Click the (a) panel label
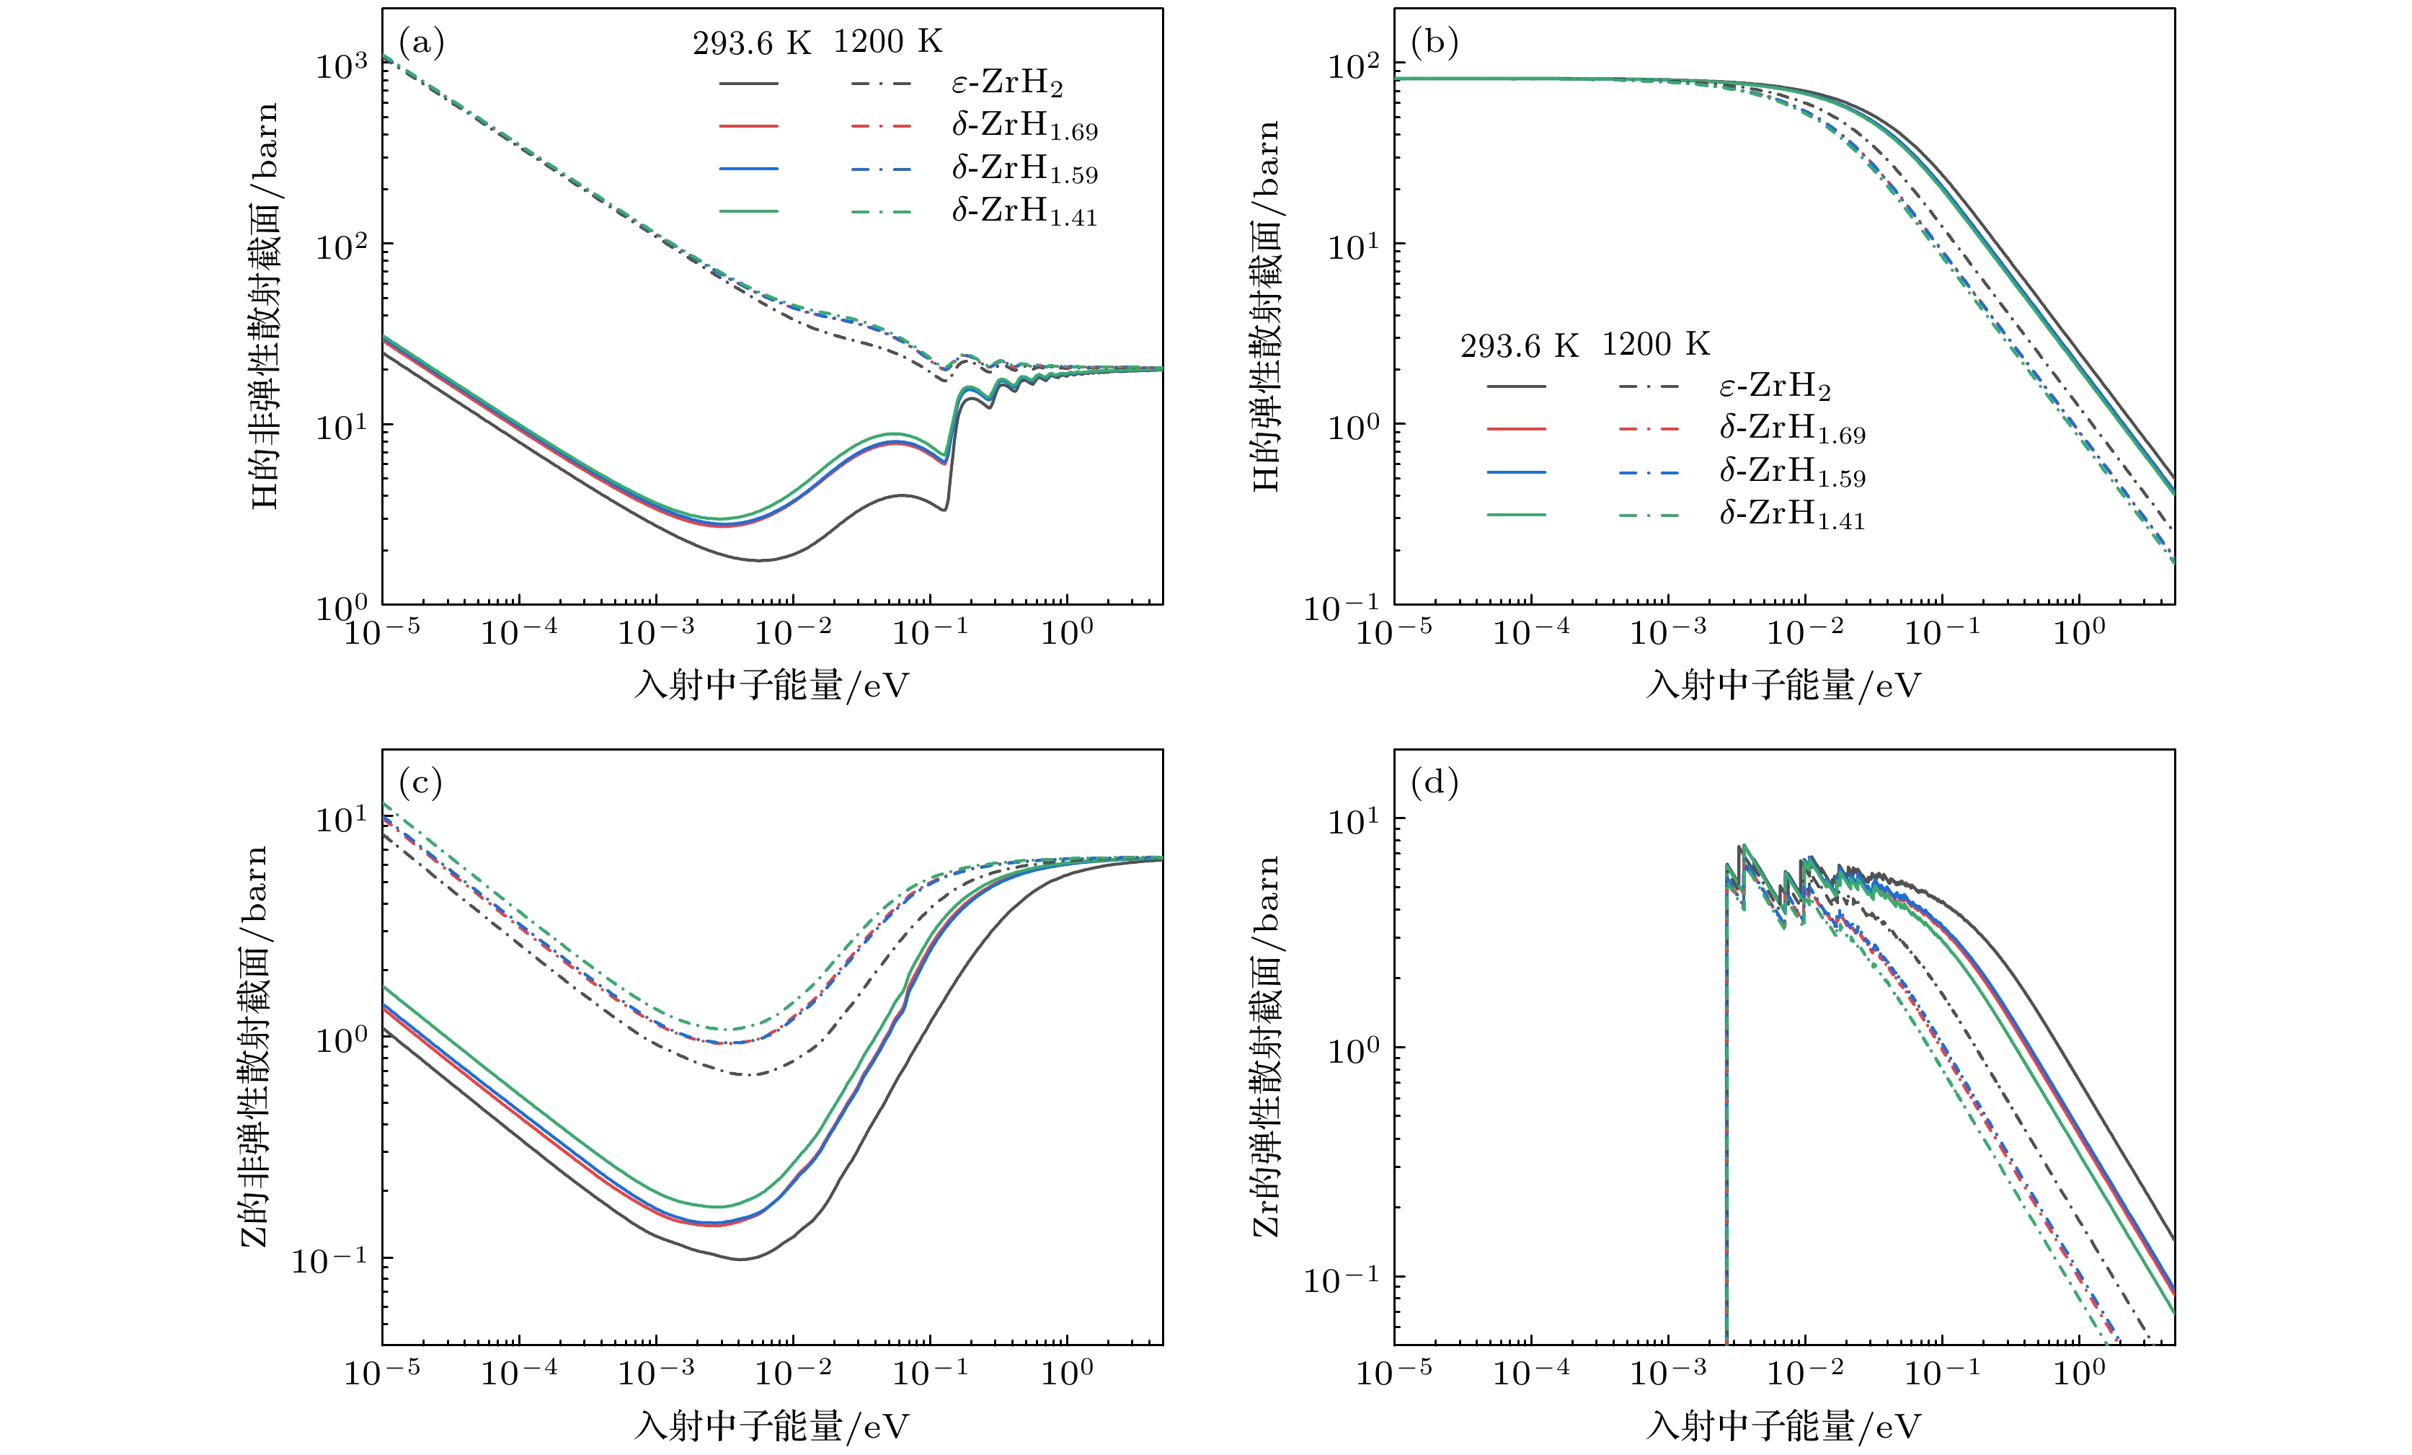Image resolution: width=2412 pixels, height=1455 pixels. coord(421,43)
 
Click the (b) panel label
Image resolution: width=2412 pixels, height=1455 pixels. coord(1434,43)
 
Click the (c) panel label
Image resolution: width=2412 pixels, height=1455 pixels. coord(421,783)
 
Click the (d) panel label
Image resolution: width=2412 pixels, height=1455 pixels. coord(1434,783)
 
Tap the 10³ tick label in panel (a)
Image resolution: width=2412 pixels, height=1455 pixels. coord(342,66)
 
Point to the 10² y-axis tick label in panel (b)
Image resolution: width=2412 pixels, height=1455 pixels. coord(1354,66)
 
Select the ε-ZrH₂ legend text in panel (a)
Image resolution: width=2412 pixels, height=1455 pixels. coord(1007,83)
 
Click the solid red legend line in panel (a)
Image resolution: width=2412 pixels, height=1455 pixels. coord(749,126)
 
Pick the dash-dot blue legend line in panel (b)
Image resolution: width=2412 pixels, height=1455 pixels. coord(1649,473)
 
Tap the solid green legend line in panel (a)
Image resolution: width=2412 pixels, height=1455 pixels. coord(749,211)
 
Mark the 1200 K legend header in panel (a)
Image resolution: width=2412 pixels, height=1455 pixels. coord(888,41)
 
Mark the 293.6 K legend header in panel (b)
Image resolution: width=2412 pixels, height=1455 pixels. coord(1520,345)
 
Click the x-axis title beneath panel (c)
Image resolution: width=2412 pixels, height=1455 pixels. coord(771,1425)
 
